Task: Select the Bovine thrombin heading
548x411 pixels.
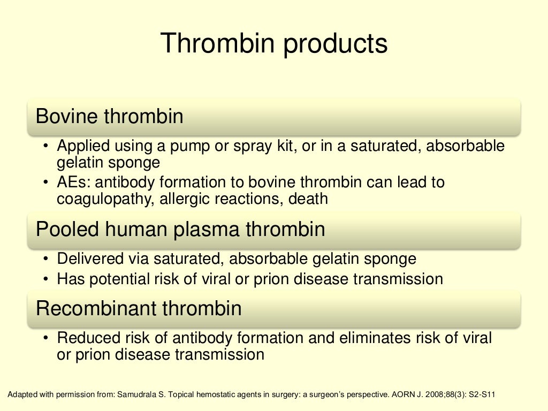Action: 109,116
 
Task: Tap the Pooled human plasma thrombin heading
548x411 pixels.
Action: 180,229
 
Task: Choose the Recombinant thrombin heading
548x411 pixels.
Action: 139,308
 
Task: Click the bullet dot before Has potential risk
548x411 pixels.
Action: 47,279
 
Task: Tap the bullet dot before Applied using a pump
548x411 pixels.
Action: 47,146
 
